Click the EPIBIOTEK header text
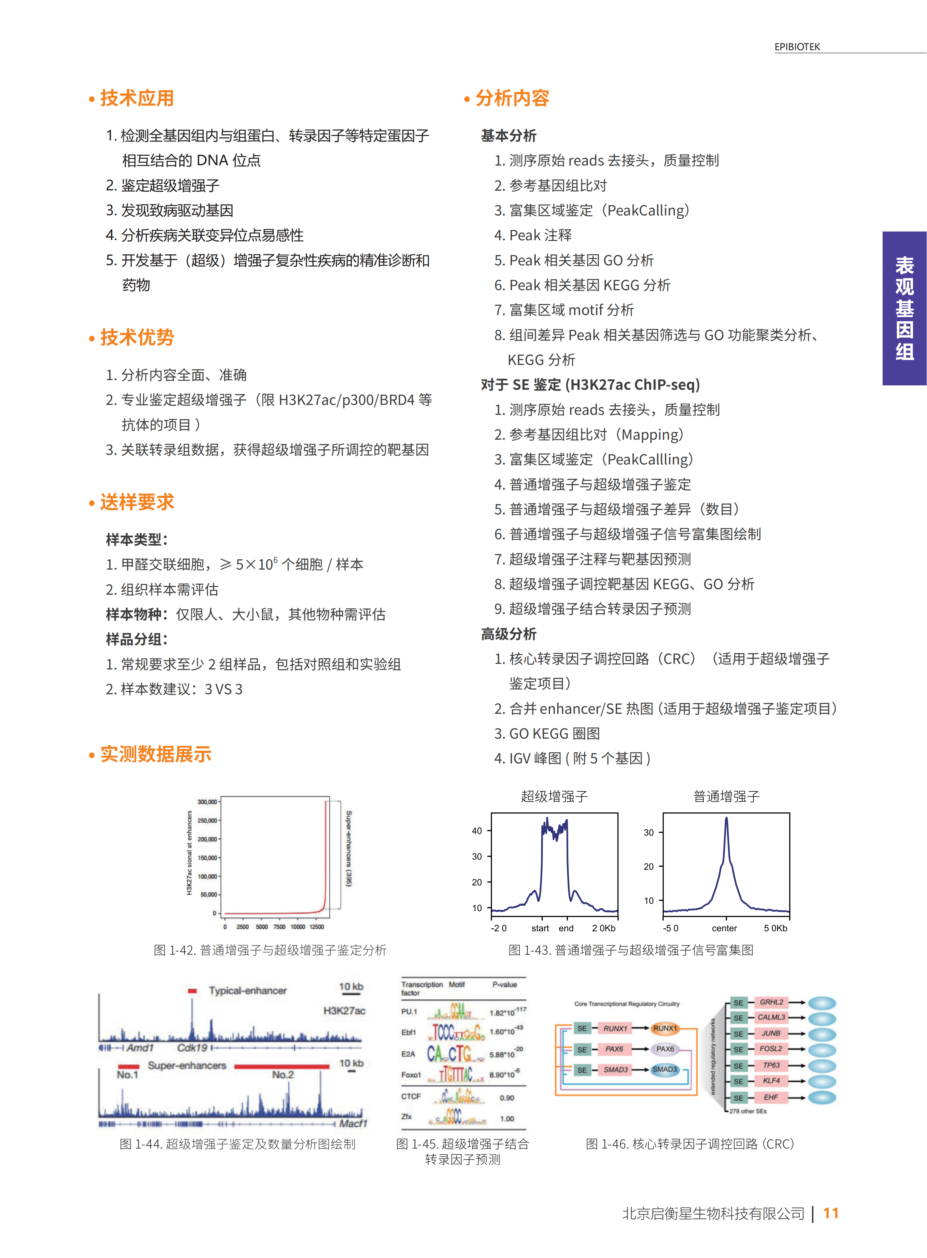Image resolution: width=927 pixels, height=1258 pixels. click(797, 47)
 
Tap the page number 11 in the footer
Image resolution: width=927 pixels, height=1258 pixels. click(830, 1213)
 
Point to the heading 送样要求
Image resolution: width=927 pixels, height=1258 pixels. click(137, 502)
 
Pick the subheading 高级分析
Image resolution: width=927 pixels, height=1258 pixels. click(508, 634)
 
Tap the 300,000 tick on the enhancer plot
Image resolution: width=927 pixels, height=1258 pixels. click(207, 802)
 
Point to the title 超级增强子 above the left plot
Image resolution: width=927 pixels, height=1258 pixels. click(554, 796)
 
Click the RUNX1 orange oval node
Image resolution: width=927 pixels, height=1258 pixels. click(665, 1029)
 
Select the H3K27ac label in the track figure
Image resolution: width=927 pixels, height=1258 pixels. click(344, 1010)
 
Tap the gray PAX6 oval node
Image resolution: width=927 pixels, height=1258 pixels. click(665, 1049)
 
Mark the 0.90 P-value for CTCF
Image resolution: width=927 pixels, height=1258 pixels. click(507, 1097)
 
